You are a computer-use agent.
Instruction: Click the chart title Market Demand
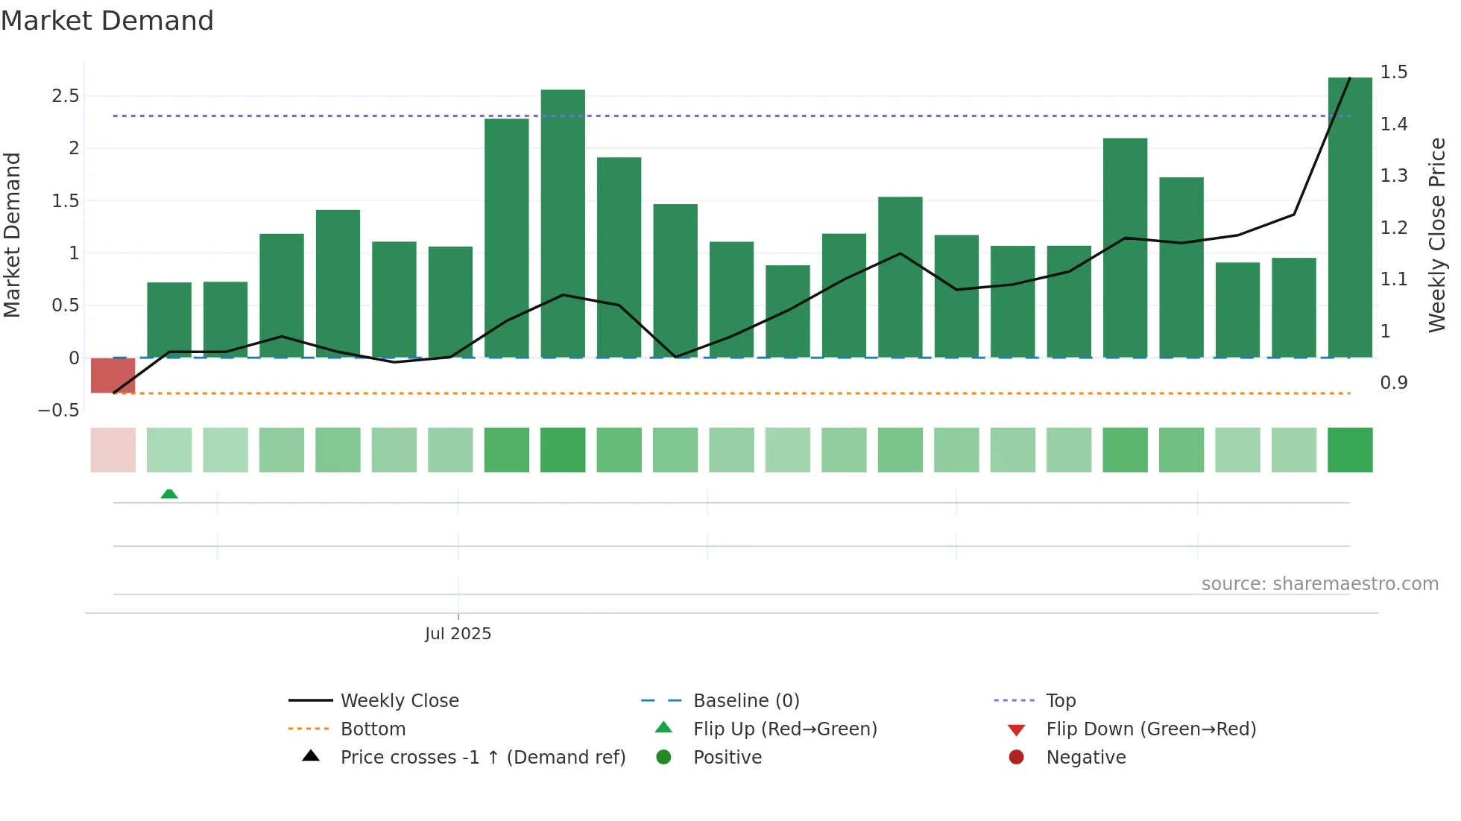tap(107, 21)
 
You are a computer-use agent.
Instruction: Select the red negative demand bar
tap(113, 375)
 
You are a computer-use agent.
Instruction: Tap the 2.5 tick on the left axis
tap(65, 96)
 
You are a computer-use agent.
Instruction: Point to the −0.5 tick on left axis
tap(58, 410)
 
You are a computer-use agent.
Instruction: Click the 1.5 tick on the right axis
tap(1393, 72)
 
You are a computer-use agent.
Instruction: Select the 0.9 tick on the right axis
tap(1393, 383)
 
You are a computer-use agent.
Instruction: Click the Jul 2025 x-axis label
tap(458, 634)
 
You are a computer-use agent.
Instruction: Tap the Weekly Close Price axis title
tap(1436, 235)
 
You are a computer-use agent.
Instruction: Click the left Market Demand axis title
tap(12, 235)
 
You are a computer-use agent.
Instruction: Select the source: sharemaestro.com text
tap(1319, 584)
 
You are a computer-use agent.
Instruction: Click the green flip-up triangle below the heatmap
tap(169, 494)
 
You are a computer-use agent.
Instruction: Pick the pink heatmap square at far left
tap(113, 450)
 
